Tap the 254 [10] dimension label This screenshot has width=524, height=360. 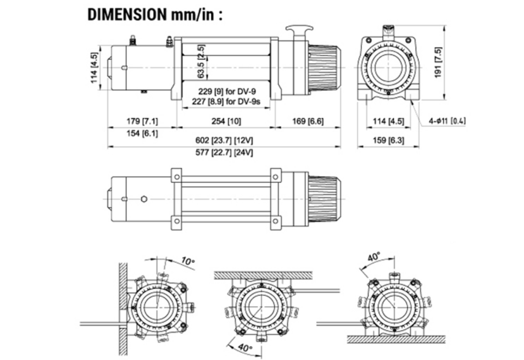226,121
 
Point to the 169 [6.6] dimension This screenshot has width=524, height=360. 309,121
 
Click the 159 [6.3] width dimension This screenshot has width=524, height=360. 388,140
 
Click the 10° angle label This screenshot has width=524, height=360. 187,261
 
